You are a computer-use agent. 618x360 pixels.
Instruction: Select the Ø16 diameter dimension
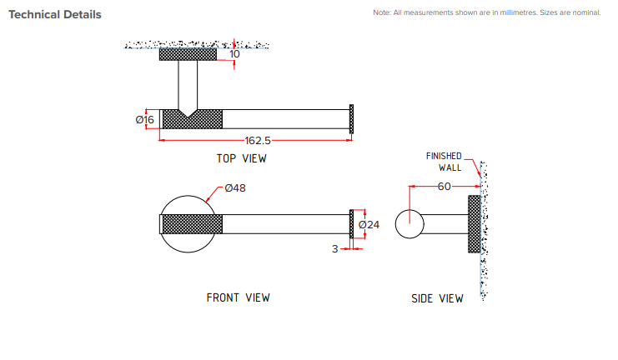pyautogui.click(x=145, y=120)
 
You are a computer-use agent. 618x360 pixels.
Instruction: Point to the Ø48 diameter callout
pyautogui.click(x=234, y=188)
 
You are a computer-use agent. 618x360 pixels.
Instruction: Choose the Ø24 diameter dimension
pyautogui.click(x=369, y=225)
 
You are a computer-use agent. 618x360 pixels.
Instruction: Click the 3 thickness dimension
pyautogui.click(x=335, y=248)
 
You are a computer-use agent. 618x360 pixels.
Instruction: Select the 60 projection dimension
pyautogui.click(x=444, y=187)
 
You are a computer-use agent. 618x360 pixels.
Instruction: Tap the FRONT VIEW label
pyautogui.click(x=238, y=297)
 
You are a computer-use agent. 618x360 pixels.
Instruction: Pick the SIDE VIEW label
pyautogui.click(x=437, y=298)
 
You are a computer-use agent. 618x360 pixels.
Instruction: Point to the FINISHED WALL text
pyautogui.click(x=444, y=162)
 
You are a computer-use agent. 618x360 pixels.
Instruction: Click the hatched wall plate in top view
pyautogui.click(x=188, y=54)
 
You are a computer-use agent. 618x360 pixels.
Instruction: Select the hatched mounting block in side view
pyautogui.click(x=475, y=224)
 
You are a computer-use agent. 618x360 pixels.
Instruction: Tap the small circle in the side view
pyautogui.click(x=409, y=224)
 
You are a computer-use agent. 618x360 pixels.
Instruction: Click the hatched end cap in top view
pyautogui.click(x=351, y=119)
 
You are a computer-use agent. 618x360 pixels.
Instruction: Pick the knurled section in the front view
pyautogui.click(x=192, y=224)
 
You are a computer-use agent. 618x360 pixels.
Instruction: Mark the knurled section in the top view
pyautogui.click(x=192, y=119)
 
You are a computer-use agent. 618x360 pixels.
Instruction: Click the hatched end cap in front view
pyautogui.click(x=351, y=224)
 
